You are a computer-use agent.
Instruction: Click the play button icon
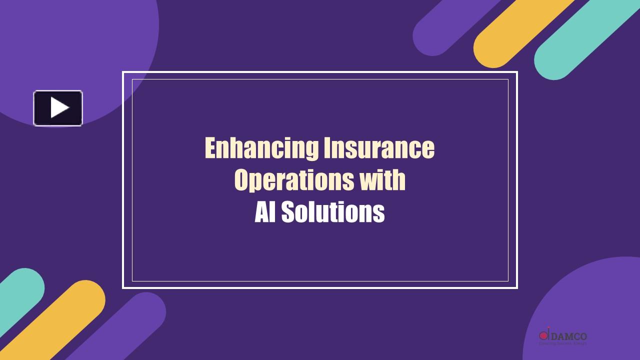(58, 108)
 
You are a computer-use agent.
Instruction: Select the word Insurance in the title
(378, 148)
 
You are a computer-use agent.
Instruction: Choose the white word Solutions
(332, 212)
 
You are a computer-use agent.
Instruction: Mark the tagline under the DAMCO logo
(562, 343)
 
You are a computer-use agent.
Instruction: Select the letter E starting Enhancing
(210, 148)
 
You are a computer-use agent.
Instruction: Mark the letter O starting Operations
(241, 180)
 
